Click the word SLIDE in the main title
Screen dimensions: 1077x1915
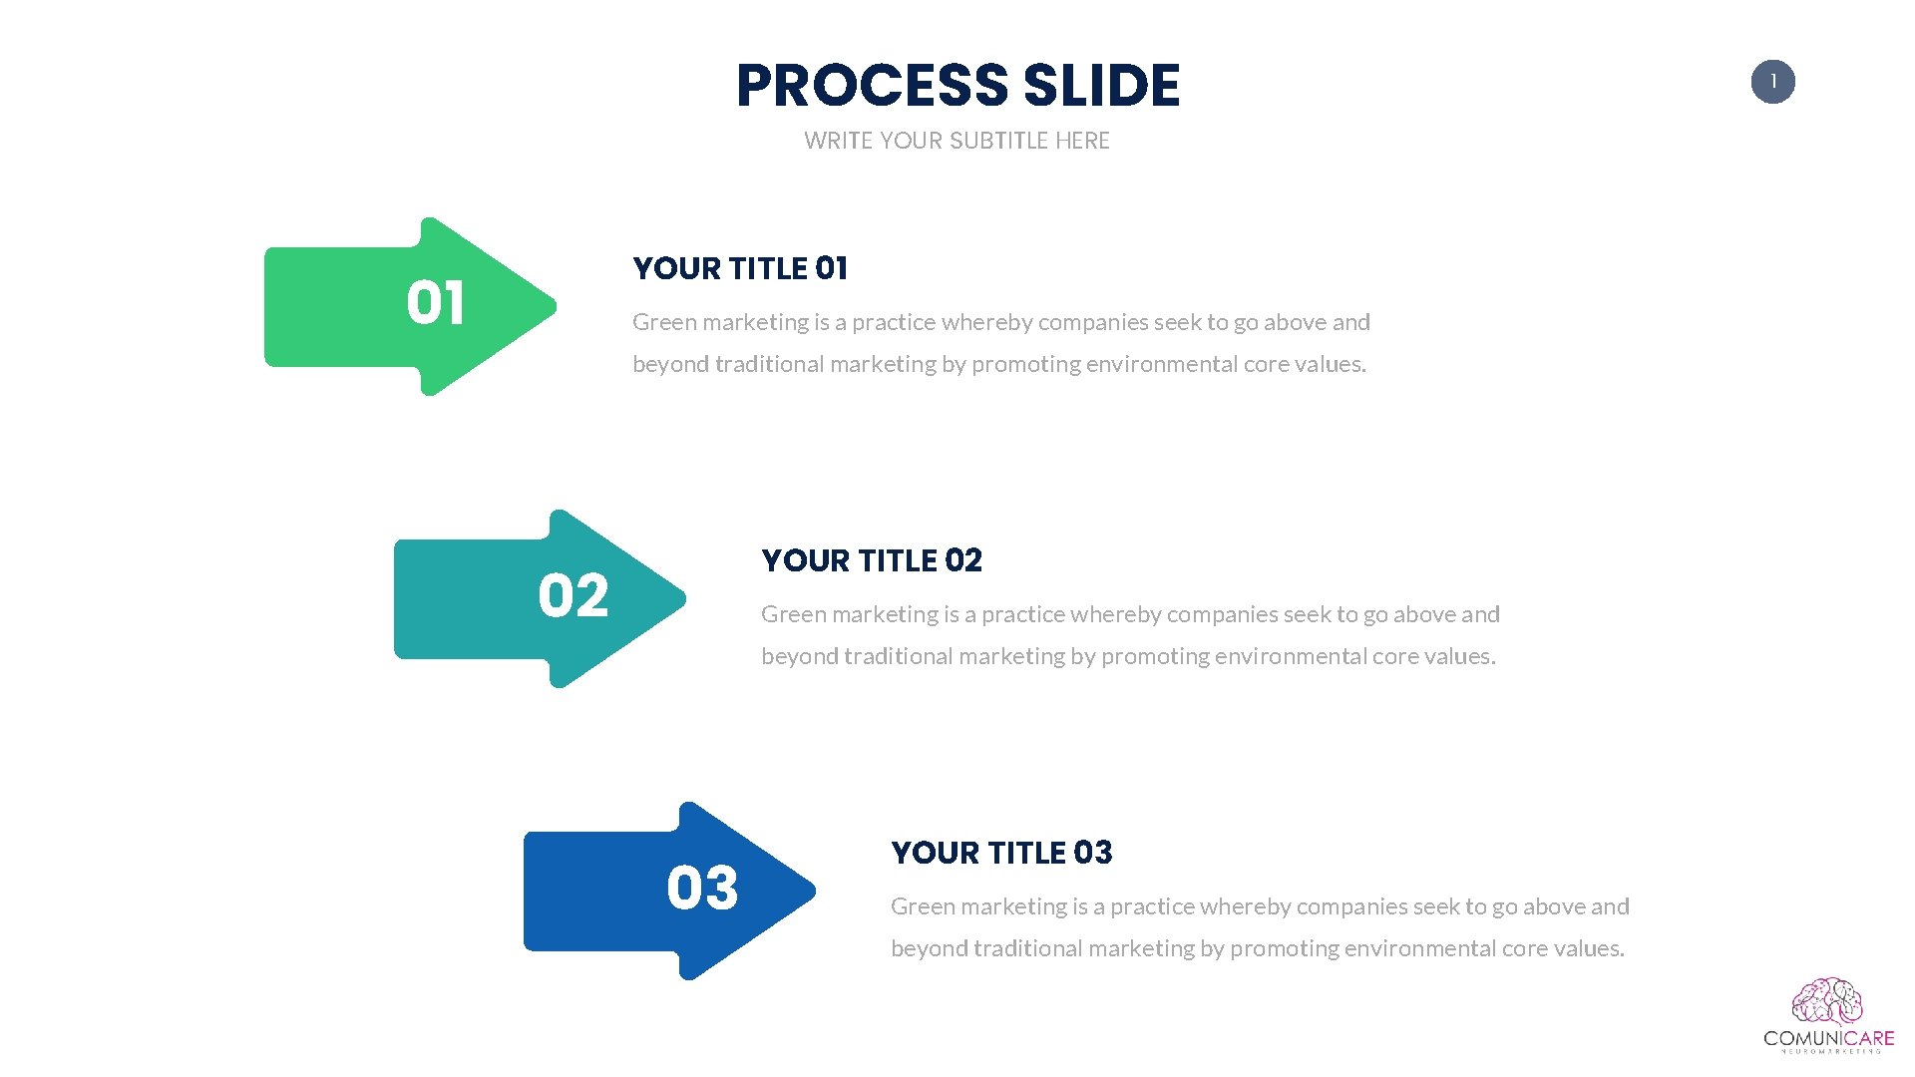point(1101,86)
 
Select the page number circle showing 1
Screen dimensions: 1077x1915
point(1772,82)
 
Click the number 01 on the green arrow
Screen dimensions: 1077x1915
point(435,303)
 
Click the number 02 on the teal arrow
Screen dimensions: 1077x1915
point(573,596)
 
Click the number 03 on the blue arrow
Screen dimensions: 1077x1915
point(702,889)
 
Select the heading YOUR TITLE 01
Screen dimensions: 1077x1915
point(740,268)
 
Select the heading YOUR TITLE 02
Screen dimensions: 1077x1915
point(872,560)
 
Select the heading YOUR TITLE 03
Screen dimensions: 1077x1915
point(1001,853)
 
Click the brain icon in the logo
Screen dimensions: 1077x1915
point(1827,1002)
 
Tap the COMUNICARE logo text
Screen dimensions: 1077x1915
point(1828,1038)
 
